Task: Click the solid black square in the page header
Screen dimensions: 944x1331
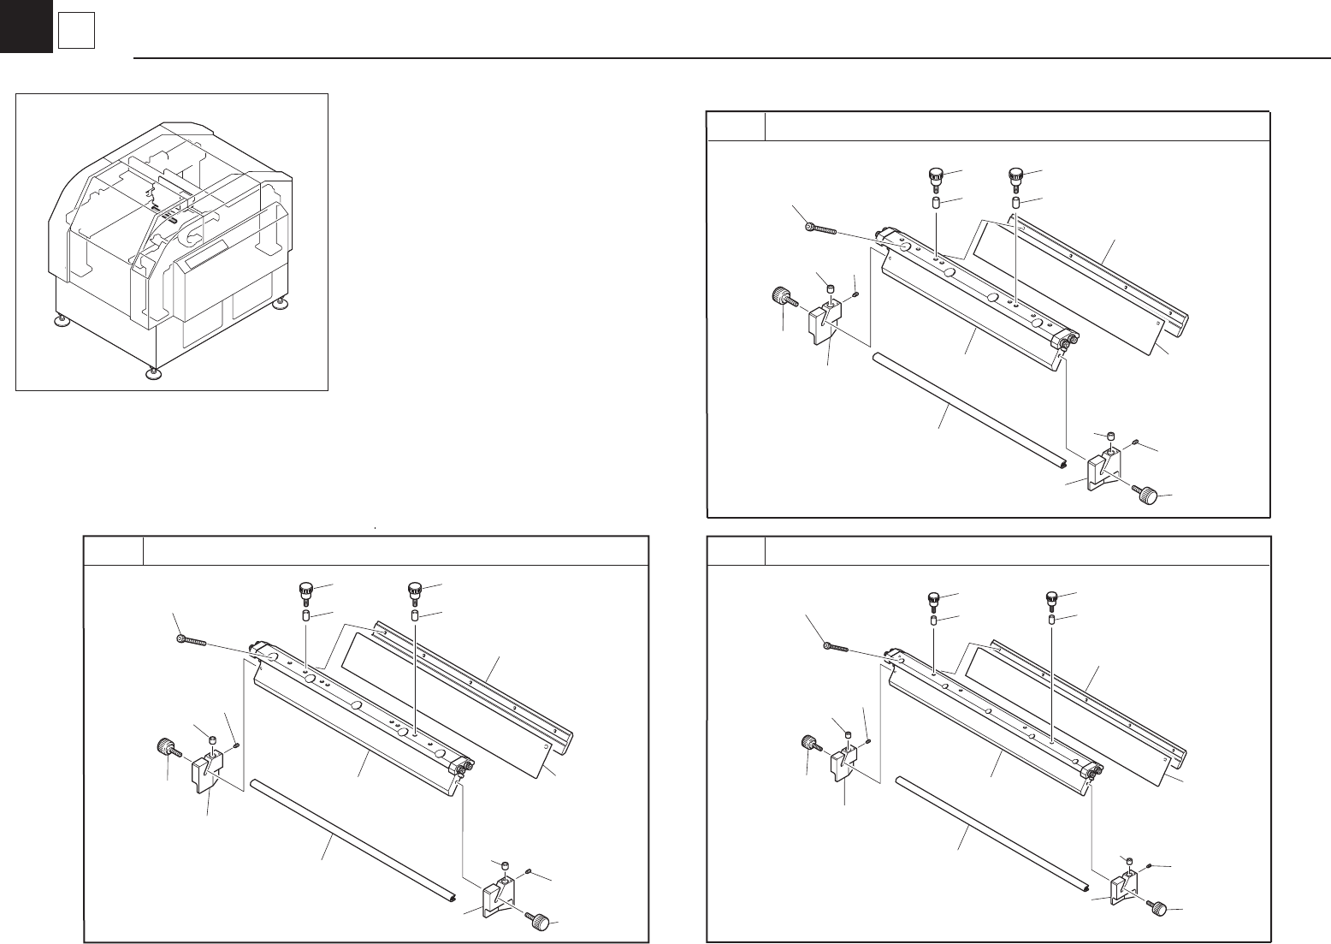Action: (x=26, y=27)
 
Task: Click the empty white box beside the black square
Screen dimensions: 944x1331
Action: (x=75, y=33)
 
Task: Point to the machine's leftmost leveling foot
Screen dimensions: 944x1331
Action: (x=60, y=322)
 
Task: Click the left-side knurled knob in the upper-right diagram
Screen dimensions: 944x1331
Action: (x=781, y=299)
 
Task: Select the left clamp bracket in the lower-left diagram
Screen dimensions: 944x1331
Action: (x=204, y=769)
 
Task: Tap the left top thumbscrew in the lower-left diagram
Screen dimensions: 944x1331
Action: (x=305, y=591)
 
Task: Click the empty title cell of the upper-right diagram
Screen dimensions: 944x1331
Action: (x=736, y=126)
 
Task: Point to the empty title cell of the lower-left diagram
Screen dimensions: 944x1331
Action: (x=113, y=550)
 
